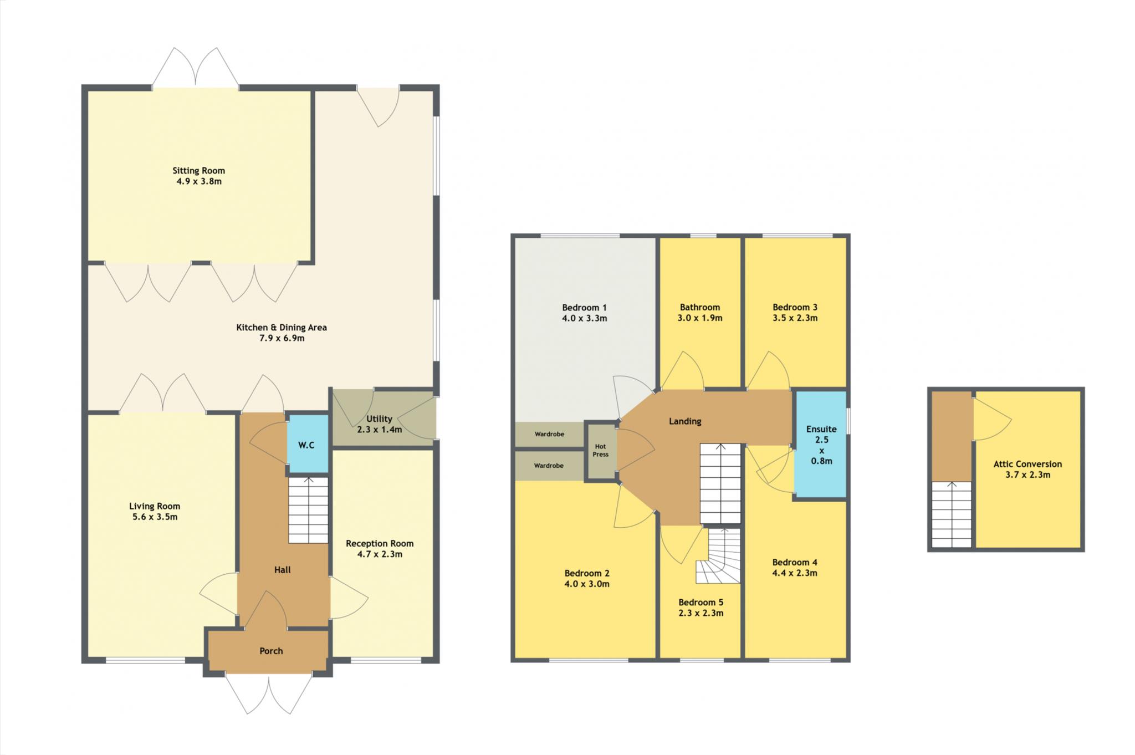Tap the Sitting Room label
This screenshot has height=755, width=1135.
tap(198, 171)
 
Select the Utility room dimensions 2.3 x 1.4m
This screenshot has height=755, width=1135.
tap(380, 430)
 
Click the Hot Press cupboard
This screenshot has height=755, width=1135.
tap(601, 451)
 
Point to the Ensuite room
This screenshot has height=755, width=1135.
tap(821, 444)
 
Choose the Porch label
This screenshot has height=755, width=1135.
tap(271, 651)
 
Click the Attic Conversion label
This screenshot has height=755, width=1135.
tap(1027, 464)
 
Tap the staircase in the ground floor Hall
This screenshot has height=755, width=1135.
tap(308, 510)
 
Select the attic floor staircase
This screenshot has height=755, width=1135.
tap(952, 514)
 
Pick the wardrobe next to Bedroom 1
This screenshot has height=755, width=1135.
tap(549, 435)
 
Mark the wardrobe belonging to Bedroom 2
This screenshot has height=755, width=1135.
tap(549, 466)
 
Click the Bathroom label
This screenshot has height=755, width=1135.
tap(700, 307)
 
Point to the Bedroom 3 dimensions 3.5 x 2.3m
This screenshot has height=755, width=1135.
tap(795, 318)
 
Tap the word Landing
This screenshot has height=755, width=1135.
tap(685, 421)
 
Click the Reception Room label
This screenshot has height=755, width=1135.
tap(380, 544)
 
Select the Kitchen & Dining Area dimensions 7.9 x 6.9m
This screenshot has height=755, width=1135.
tap(282, 338)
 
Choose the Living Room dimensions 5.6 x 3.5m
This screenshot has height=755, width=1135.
tap(155, 517)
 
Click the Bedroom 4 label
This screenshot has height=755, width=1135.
tap(795, 563)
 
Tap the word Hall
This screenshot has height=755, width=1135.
tap(283, 570)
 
